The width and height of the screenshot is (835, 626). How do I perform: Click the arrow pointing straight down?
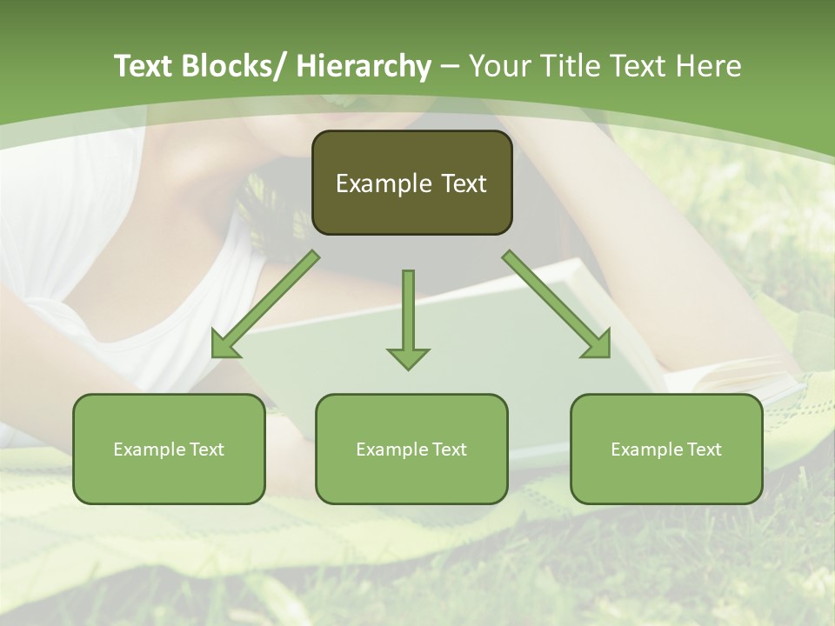[x=408, y=313]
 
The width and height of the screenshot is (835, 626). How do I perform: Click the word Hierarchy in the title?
[x=363, y=66]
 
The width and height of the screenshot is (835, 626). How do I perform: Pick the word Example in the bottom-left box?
[x=149, y=450]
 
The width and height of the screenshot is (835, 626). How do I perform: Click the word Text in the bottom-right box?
[x=704, y=450]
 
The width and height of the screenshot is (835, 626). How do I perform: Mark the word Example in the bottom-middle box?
[x=391, y=450]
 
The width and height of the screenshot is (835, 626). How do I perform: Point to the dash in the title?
[x=450, y=66]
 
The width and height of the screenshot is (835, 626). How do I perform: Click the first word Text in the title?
[x=145, y=66]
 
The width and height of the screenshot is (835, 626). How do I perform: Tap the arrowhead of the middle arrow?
[x=408, y=358]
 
